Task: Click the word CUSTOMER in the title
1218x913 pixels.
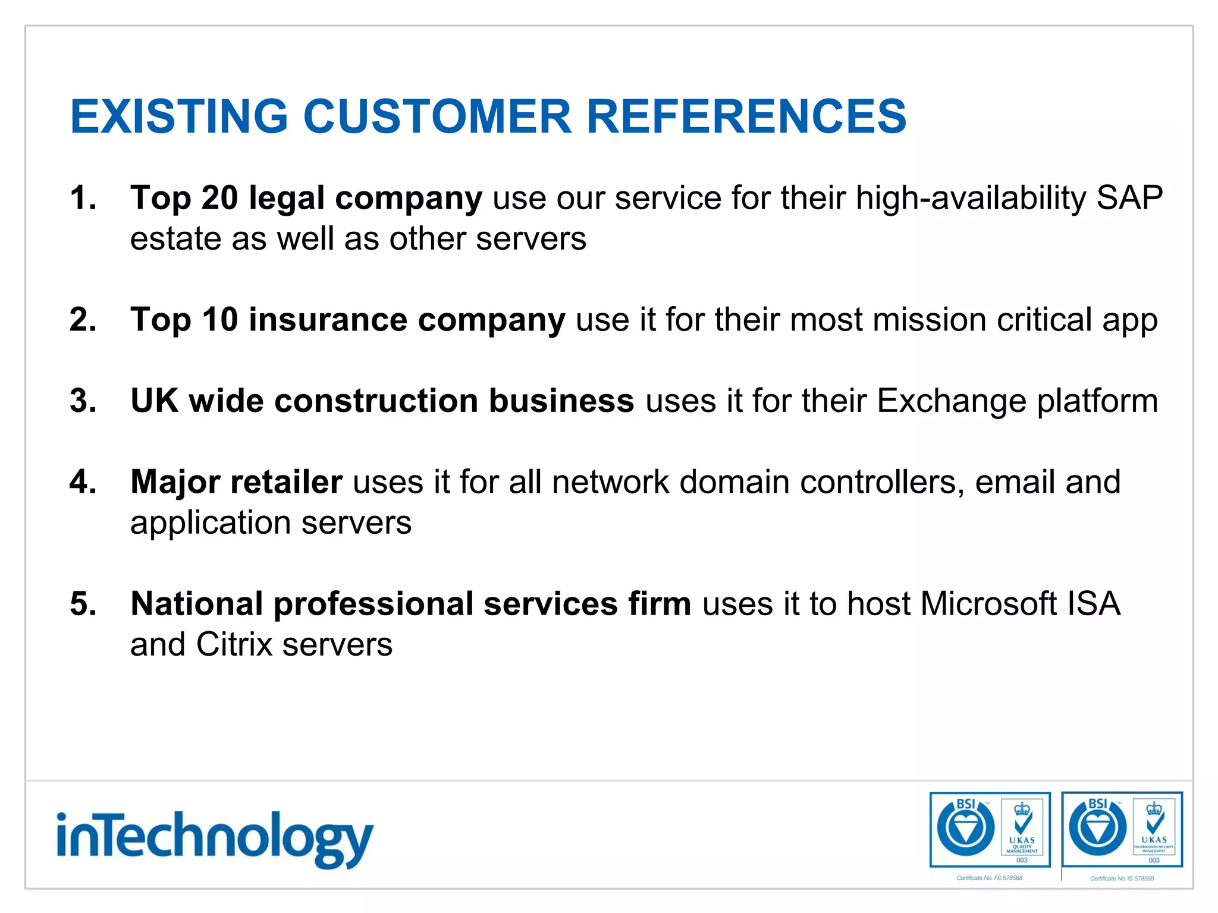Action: (437, 116)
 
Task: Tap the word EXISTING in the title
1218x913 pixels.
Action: (179, 116)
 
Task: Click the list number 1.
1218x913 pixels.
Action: (83, 198)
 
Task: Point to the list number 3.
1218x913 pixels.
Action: (83, 401)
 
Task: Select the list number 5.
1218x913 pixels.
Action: (83, 604)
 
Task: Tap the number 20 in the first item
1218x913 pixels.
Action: (219, 198)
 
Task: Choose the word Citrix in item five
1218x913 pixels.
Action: (234, 645)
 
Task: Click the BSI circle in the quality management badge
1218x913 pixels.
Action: (965, 828)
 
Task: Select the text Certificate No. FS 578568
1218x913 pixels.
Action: (990, 878)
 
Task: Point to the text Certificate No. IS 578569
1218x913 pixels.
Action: (1122, 879)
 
